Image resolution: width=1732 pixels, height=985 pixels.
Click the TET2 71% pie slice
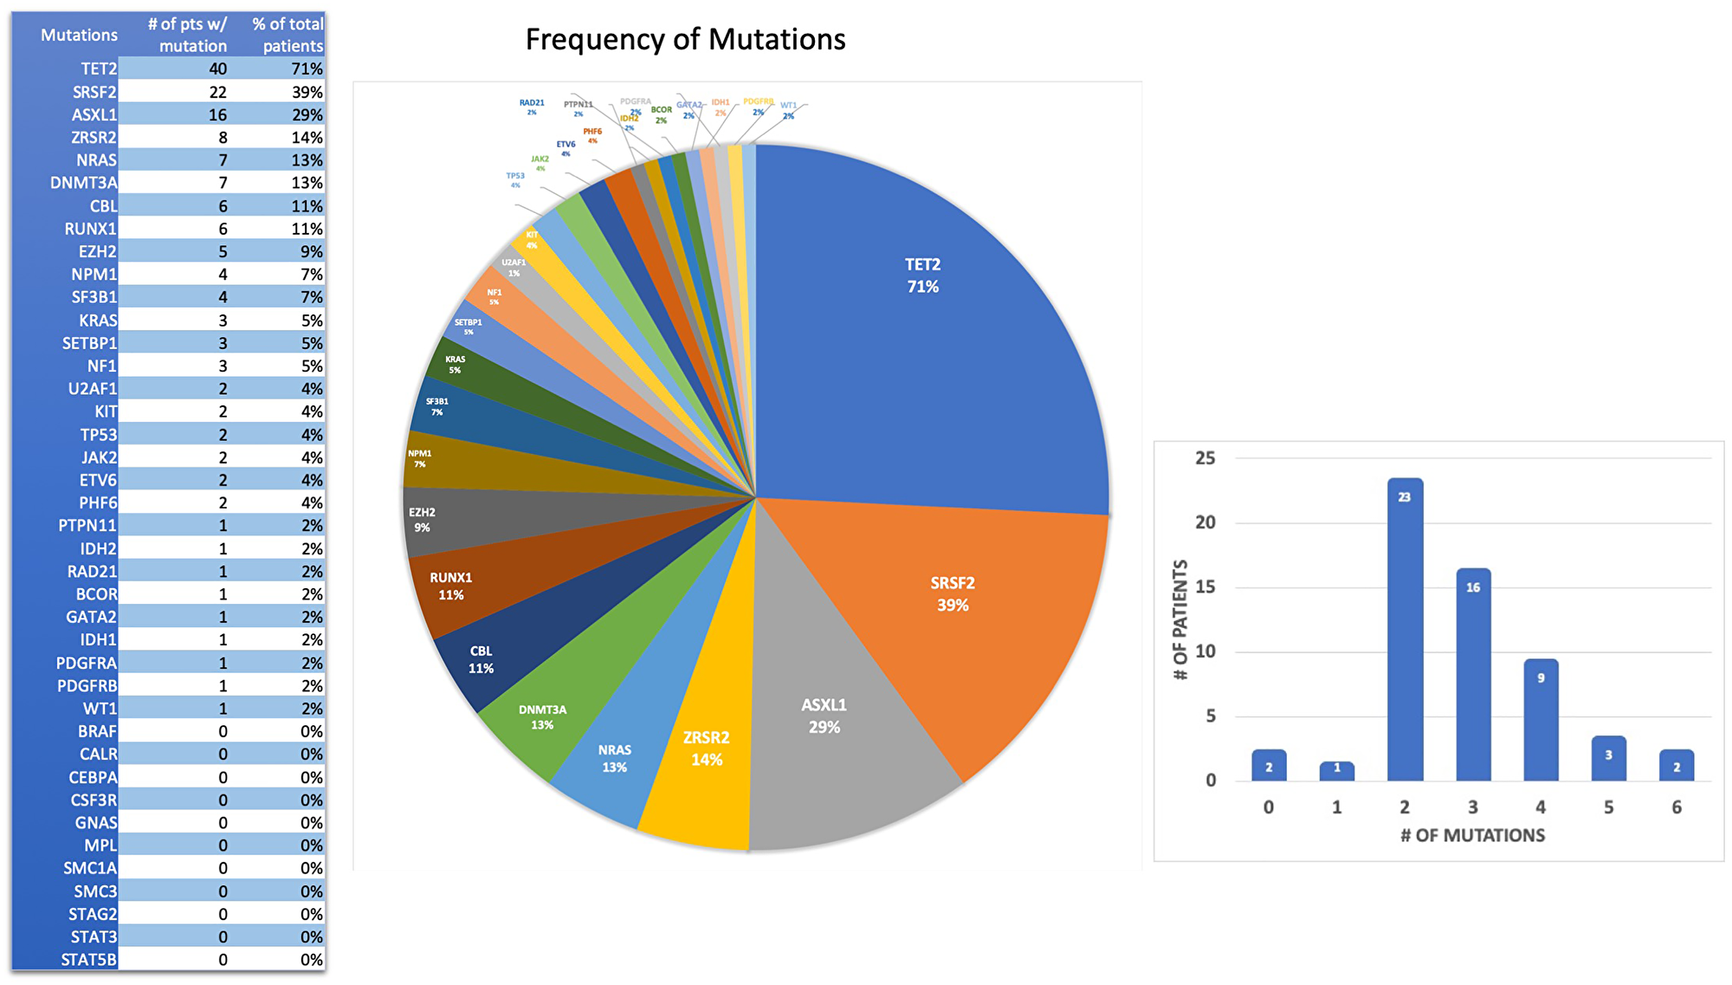tap(922, 329)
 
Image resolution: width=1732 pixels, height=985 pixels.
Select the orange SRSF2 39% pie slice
tap(953, 606)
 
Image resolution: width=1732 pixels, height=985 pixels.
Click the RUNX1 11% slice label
tap(450, 586)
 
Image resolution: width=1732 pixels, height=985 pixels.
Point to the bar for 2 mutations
tap(1405, 632)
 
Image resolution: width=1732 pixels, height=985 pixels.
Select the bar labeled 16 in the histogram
tap(1473, 676)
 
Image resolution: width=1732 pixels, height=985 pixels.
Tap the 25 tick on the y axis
tap(1205, 458)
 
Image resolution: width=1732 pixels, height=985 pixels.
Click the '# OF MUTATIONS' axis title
tap(1472, 835)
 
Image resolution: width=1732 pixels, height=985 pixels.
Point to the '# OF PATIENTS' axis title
tap(1179, 619)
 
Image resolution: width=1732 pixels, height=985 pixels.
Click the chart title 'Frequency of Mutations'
tap(685, 40)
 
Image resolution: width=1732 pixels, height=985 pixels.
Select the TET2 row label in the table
tap(98, 68)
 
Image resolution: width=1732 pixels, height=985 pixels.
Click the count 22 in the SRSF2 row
tap(217, 92)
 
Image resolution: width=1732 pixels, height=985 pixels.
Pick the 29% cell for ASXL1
tap(307, 114)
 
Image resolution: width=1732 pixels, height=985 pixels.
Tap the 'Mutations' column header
tap(79, 36)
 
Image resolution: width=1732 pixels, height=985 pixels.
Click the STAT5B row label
tap(88, 960)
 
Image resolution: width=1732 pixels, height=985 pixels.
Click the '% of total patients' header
tap(288, 35)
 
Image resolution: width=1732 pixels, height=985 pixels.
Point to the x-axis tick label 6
tap(1677, 807)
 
